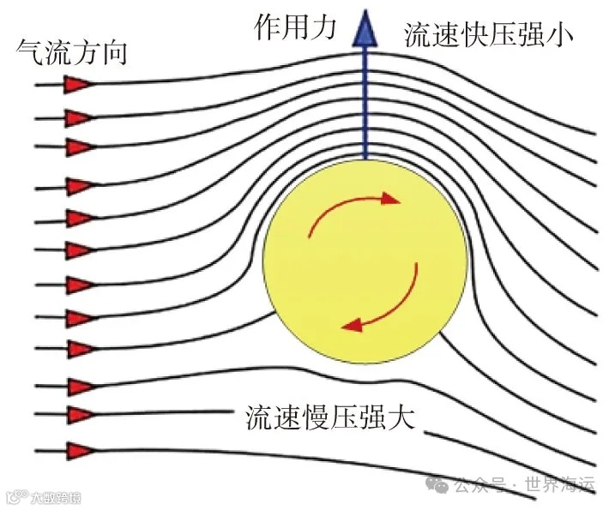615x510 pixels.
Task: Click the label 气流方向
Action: [72, 53]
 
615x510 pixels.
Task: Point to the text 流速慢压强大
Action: [330, 417]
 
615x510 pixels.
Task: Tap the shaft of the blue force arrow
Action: [366, 103]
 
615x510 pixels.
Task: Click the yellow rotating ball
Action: [365, 257]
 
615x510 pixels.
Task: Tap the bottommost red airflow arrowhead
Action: [80, 450]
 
